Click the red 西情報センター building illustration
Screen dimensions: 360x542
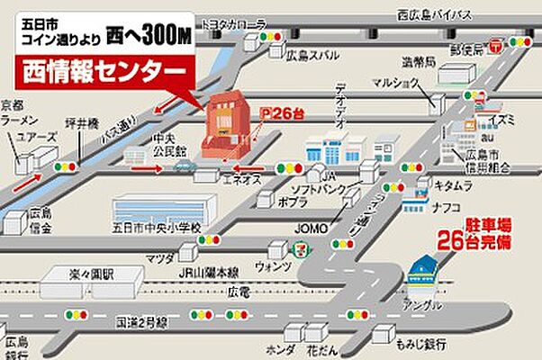[x=223, y=126]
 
